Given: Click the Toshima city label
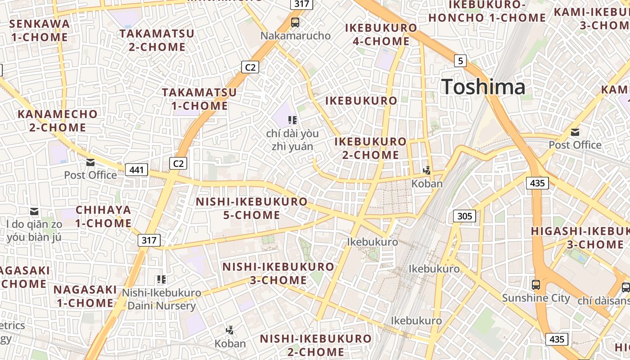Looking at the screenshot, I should (x=483, y=87).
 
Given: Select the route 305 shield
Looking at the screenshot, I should (x=464, y=216).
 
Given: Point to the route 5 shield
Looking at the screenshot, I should (x=459, y=60).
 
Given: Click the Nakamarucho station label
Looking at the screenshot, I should (x=296, y=36).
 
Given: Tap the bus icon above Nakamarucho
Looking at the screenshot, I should (x=295, y=22).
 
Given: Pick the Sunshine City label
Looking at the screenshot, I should (x=535, y=298).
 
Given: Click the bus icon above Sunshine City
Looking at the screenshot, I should (x=535, y=284).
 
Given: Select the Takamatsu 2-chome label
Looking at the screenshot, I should (x=157, y=40).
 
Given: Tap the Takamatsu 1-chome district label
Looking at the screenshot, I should (x=199, y=99).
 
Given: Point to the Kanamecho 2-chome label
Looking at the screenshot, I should (x=58, y=121).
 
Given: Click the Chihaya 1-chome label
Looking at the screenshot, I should (x=103, y=216).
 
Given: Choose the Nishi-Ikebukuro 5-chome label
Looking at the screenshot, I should (x=252, y=208).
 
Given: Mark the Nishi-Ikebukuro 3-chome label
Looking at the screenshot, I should (x=278, y=273).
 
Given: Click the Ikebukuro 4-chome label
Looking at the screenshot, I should (x=381, y=35).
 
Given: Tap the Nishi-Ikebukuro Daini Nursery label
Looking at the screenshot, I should (x=162, y=300).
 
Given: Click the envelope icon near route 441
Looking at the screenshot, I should (x=90, y=162).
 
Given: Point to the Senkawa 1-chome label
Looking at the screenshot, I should (x=40, y=30).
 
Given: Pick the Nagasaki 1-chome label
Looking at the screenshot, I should (x=85, y=296).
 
